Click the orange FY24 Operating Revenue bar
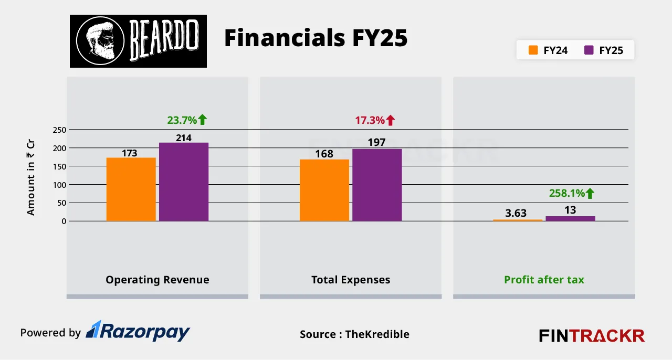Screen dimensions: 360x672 [x=131, y=189]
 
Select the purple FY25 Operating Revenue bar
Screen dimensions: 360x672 [x=184, y=182]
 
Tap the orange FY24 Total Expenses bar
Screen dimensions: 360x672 [x=324, y=190]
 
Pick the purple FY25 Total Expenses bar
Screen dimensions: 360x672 [x=377, y=185]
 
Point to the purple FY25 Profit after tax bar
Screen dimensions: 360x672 [x=570, y=218]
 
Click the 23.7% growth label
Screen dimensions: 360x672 [x=187, y=120]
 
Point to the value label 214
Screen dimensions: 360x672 [x=184, y=137]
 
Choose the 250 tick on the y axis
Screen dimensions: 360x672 [x=59, y=130]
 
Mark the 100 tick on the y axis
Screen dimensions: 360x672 [x=59, y=185]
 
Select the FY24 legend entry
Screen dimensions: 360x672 [x=548, y=50]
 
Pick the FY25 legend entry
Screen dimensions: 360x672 [x=604, y=50]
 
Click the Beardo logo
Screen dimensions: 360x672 [x=138, y=41]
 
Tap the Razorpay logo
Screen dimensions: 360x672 [x=138, y=332]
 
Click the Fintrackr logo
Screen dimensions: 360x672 [x=592, y=335]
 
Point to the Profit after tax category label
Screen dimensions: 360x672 [x=544, y=280]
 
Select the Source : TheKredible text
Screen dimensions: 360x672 [x=354, y=334]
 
